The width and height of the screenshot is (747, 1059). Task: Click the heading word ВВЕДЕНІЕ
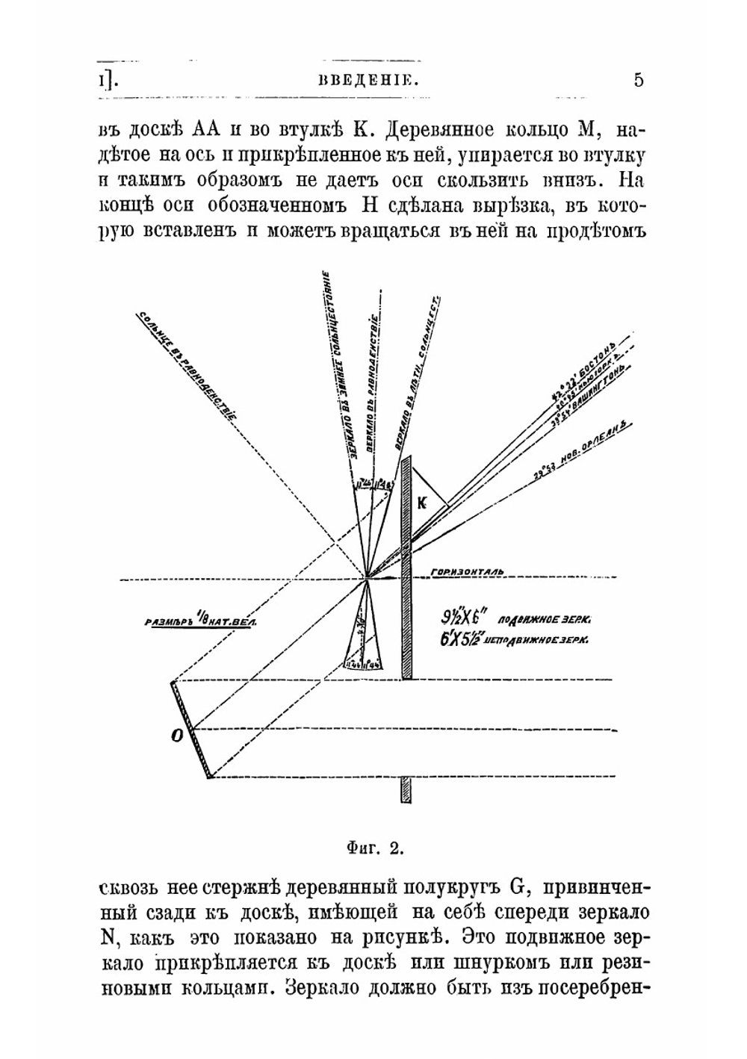[367, 81]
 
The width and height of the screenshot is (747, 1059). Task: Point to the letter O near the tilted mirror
[177, 736]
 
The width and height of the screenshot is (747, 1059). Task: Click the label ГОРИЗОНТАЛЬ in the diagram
[468, 572]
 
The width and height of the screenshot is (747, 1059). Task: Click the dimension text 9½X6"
[465, 618]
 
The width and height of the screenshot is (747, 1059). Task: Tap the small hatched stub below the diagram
[406, 790]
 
